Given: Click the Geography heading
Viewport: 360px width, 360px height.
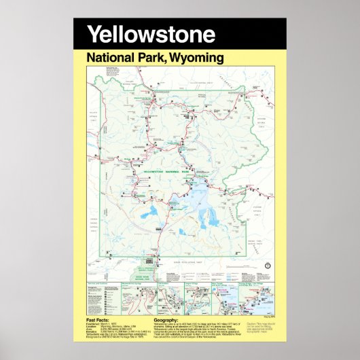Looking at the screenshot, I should click(x=166, y=320).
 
